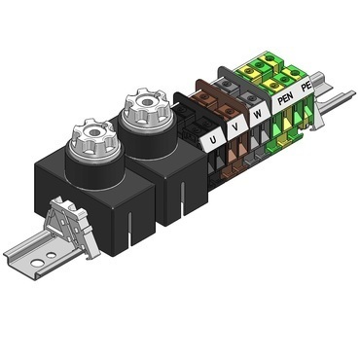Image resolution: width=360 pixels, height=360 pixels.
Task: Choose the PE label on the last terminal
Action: pos(307,88)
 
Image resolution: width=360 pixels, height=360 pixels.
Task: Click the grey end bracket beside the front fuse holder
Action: pos(69,226)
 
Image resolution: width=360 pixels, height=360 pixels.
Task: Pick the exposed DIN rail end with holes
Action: pos(29,259)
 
